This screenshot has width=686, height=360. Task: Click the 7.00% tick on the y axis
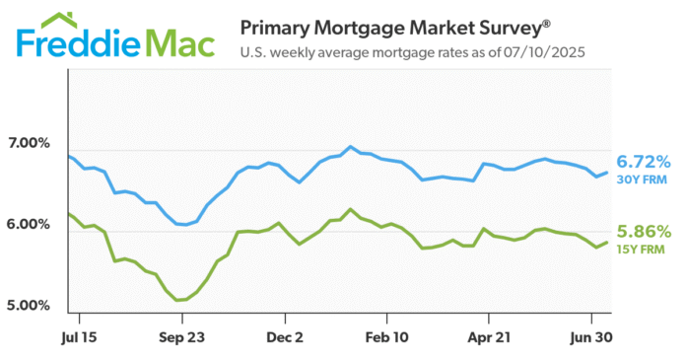pos(30,143)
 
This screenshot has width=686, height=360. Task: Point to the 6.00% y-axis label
pos(30,224)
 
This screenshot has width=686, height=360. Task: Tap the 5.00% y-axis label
pos(30,305)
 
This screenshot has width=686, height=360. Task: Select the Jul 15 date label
pos(77,337)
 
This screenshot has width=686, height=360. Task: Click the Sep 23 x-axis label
pos(181,337)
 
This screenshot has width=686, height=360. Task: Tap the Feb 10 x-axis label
pos(386,337)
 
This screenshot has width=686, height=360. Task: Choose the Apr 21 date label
pos(489,337)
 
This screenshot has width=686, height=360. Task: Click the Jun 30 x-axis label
pos(591,337)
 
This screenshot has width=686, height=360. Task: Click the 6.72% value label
pos(644,161)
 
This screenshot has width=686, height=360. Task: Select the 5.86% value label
pos(644,232)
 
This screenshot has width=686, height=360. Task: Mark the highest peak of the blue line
pos(350,147)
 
